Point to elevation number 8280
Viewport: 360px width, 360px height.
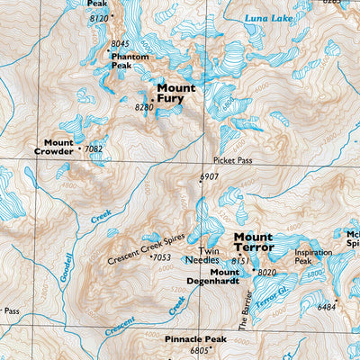click(x=144, y=107)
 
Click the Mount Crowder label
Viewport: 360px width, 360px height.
click(x=58, y=147)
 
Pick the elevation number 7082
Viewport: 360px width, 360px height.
click(x=94, y=148)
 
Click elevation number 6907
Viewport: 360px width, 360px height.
click(x=210, y=176)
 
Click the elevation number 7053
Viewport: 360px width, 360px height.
click(x=161, y=258)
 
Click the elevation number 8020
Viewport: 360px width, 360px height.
click(x=267, y=272)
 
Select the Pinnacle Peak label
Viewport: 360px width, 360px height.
click(x=194, y=339)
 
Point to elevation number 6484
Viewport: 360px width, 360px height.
click(x=327, y=307)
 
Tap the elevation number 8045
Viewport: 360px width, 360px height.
click(x=120, y=43)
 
